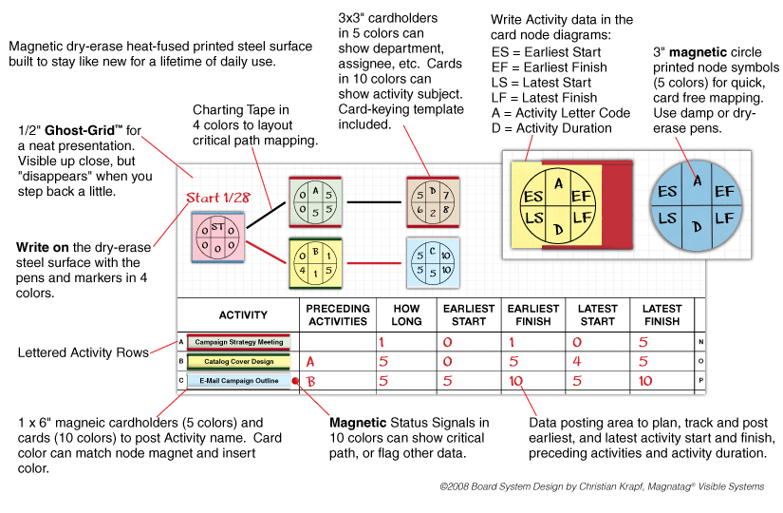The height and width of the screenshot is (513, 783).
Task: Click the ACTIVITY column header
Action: [x=243, y=314]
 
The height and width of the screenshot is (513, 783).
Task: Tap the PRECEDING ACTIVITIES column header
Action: [x=336, y=314]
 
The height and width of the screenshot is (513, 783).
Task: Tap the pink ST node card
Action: [x=218, y=237]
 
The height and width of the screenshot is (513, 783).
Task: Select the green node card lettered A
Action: [x=313, y=202]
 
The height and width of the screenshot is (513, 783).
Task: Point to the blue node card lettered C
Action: [x=433, y=261]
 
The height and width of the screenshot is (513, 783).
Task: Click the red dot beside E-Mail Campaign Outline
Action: [x=297, y=380]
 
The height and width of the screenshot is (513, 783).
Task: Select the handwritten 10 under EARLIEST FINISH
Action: [x=515, y=381]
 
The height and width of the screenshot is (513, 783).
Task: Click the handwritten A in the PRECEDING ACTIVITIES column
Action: [x=309, y=362]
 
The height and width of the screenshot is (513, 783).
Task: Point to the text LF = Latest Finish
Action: [x=546, y=98]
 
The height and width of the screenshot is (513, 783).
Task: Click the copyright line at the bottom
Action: [x=602, y=485]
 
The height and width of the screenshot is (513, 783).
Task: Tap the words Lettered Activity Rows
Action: [x=84, y=352]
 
